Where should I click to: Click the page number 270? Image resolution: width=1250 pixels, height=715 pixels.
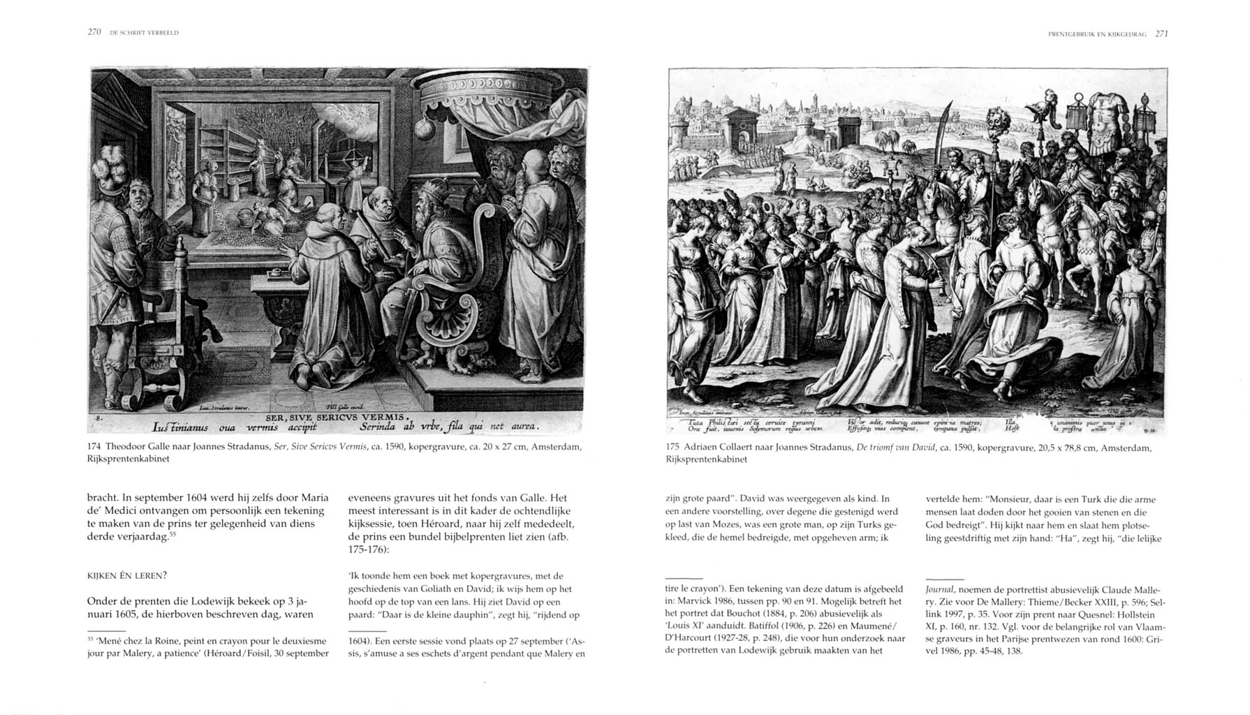click(x=94, y=32)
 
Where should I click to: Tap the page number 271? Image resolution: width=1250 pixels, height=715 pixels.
click(x=1162, y=33)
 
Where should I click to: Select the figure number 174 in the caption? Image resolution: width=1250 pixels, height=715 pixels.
click(x=94, y=446)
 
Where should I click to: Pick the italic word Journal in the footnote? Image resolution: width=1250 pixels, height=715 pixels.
click(x=940, y=589)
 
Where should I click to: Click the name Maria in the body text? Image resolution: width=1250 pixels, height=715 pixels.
click(x=314, y=499)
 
